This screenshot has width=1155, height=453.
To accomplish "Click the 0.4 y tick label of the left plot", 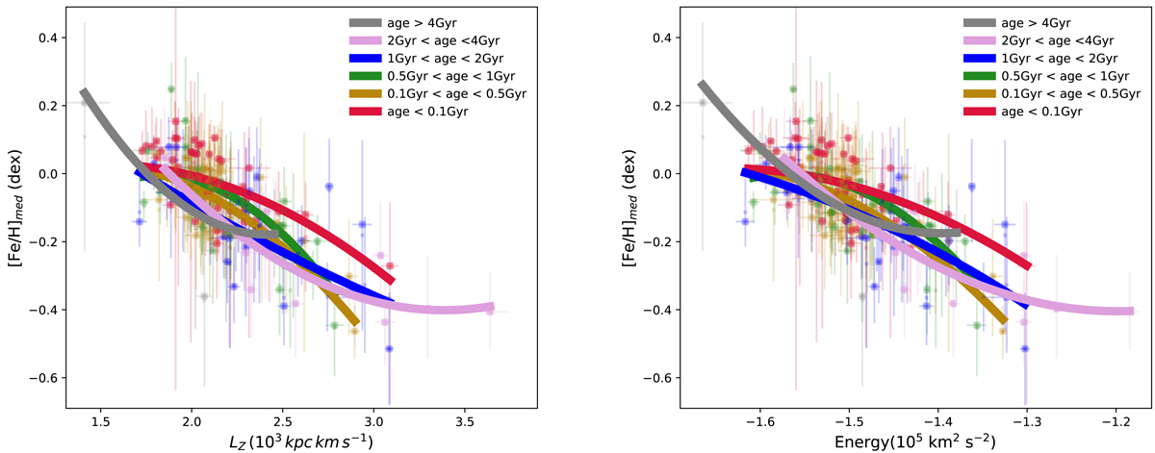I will click(x=43, y=38).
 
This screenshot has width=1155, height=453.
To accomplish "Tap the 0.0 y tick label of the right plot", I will click(x=659, y=174).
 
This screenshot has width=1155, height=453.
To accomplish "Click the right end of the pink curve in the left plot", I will click(x=491, y=307).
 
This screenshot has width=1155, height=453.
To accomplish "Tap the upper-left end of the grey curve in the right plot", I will click(x=701, y=85).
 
